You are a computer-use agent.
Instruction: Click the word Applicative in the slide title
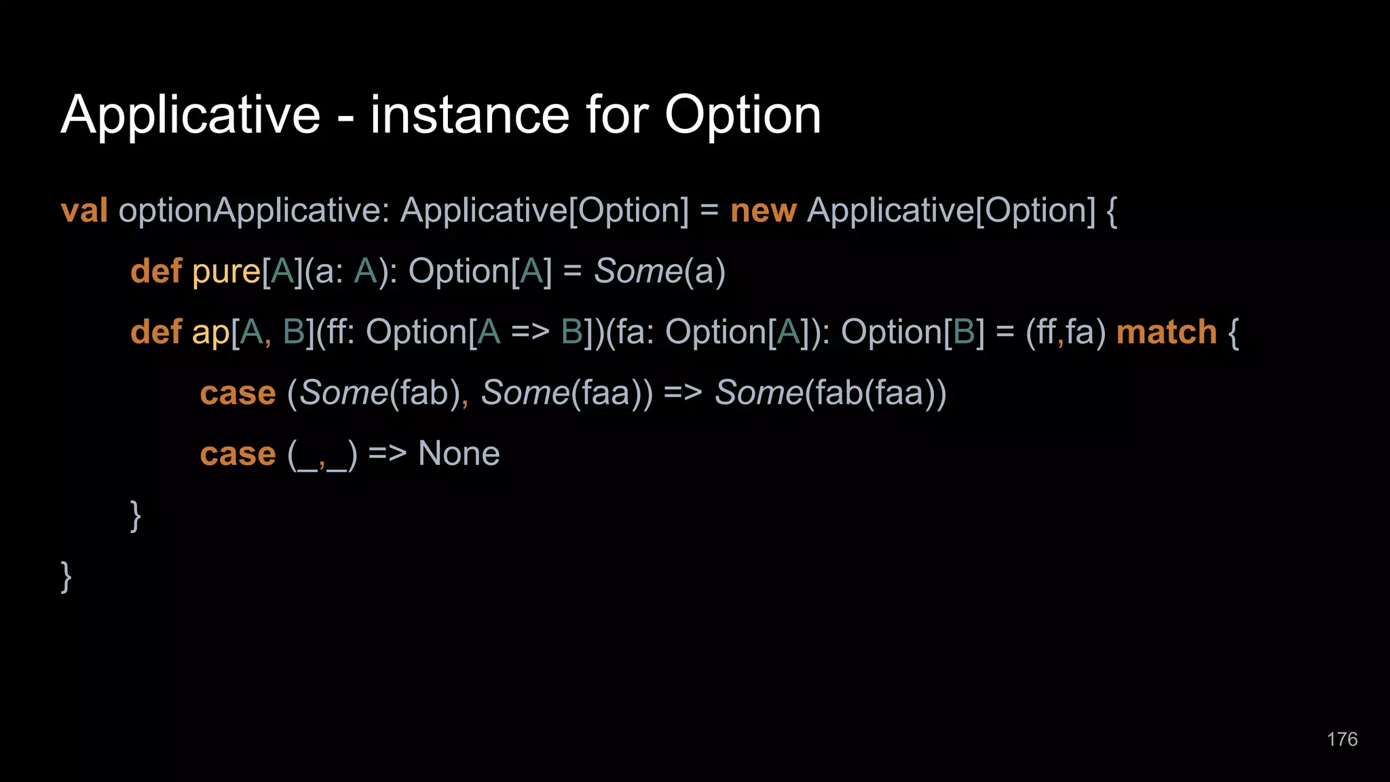point(190,115)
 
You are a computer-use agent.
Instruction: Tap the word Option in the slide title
point(743,115)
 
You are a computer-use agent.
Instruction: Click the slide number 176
point(1342,739)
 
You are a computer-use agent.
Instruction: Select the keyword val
point(84,210)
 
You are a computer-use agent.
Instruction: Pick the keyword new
point(763,210)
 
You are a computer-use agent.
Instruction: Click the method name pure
point(226,272)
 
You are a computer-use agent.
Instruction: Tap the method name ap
point(210,333)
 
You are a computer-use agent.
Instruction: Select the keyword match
point(1166,333)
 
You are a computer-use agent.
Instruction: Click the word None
point(459,453)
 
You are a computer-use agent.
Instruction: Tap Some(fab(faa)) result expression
point(830,393)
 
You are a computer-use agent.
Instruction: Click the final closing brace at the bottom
point(66,577)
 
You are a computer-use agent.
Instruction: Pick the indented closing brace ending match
point(136,516)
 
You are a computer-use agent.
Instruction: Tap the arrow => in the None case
point(387,453)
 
